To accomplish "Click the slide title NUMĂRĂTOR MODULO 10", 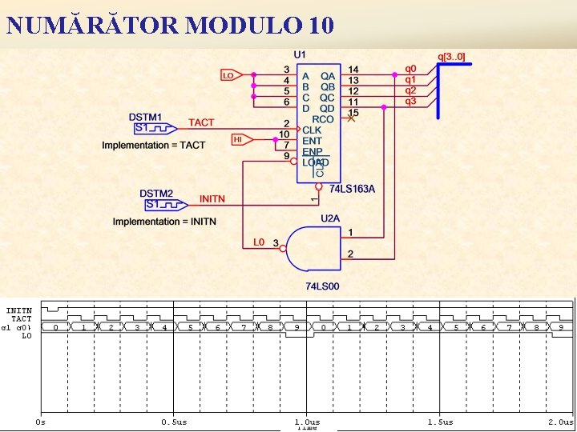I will [x=170, y=26].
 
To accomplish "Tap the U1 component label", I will [x=300, y=54].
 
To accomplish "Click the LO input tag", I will [x=229, y=75].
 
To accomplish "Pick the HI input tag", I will [x=239, y=139].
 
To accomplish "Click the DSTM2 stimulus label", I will [x=156, y=194].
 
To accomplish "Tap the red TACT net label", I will [x=201, y=122].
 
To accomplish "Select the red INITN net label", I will [x=212, y=198].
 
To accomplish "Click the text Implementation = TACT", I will [x=154, y=145].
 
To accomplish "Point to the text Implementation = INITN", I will [x=164, y=221].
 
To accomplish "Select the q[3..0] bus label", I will [x=451, y=57].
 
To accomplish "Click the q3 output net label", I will [x=410, y=101].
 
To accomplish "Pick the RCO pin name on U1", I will [x=323, y=119].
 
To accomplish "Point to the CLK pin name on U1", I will [x=312, y=130].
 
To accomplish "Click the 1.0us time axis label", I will [x=307, y=422].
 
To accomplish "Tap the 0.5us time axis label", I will [x=174, y=422].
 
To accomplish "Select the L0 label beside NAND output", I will [x=258, y=242].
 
